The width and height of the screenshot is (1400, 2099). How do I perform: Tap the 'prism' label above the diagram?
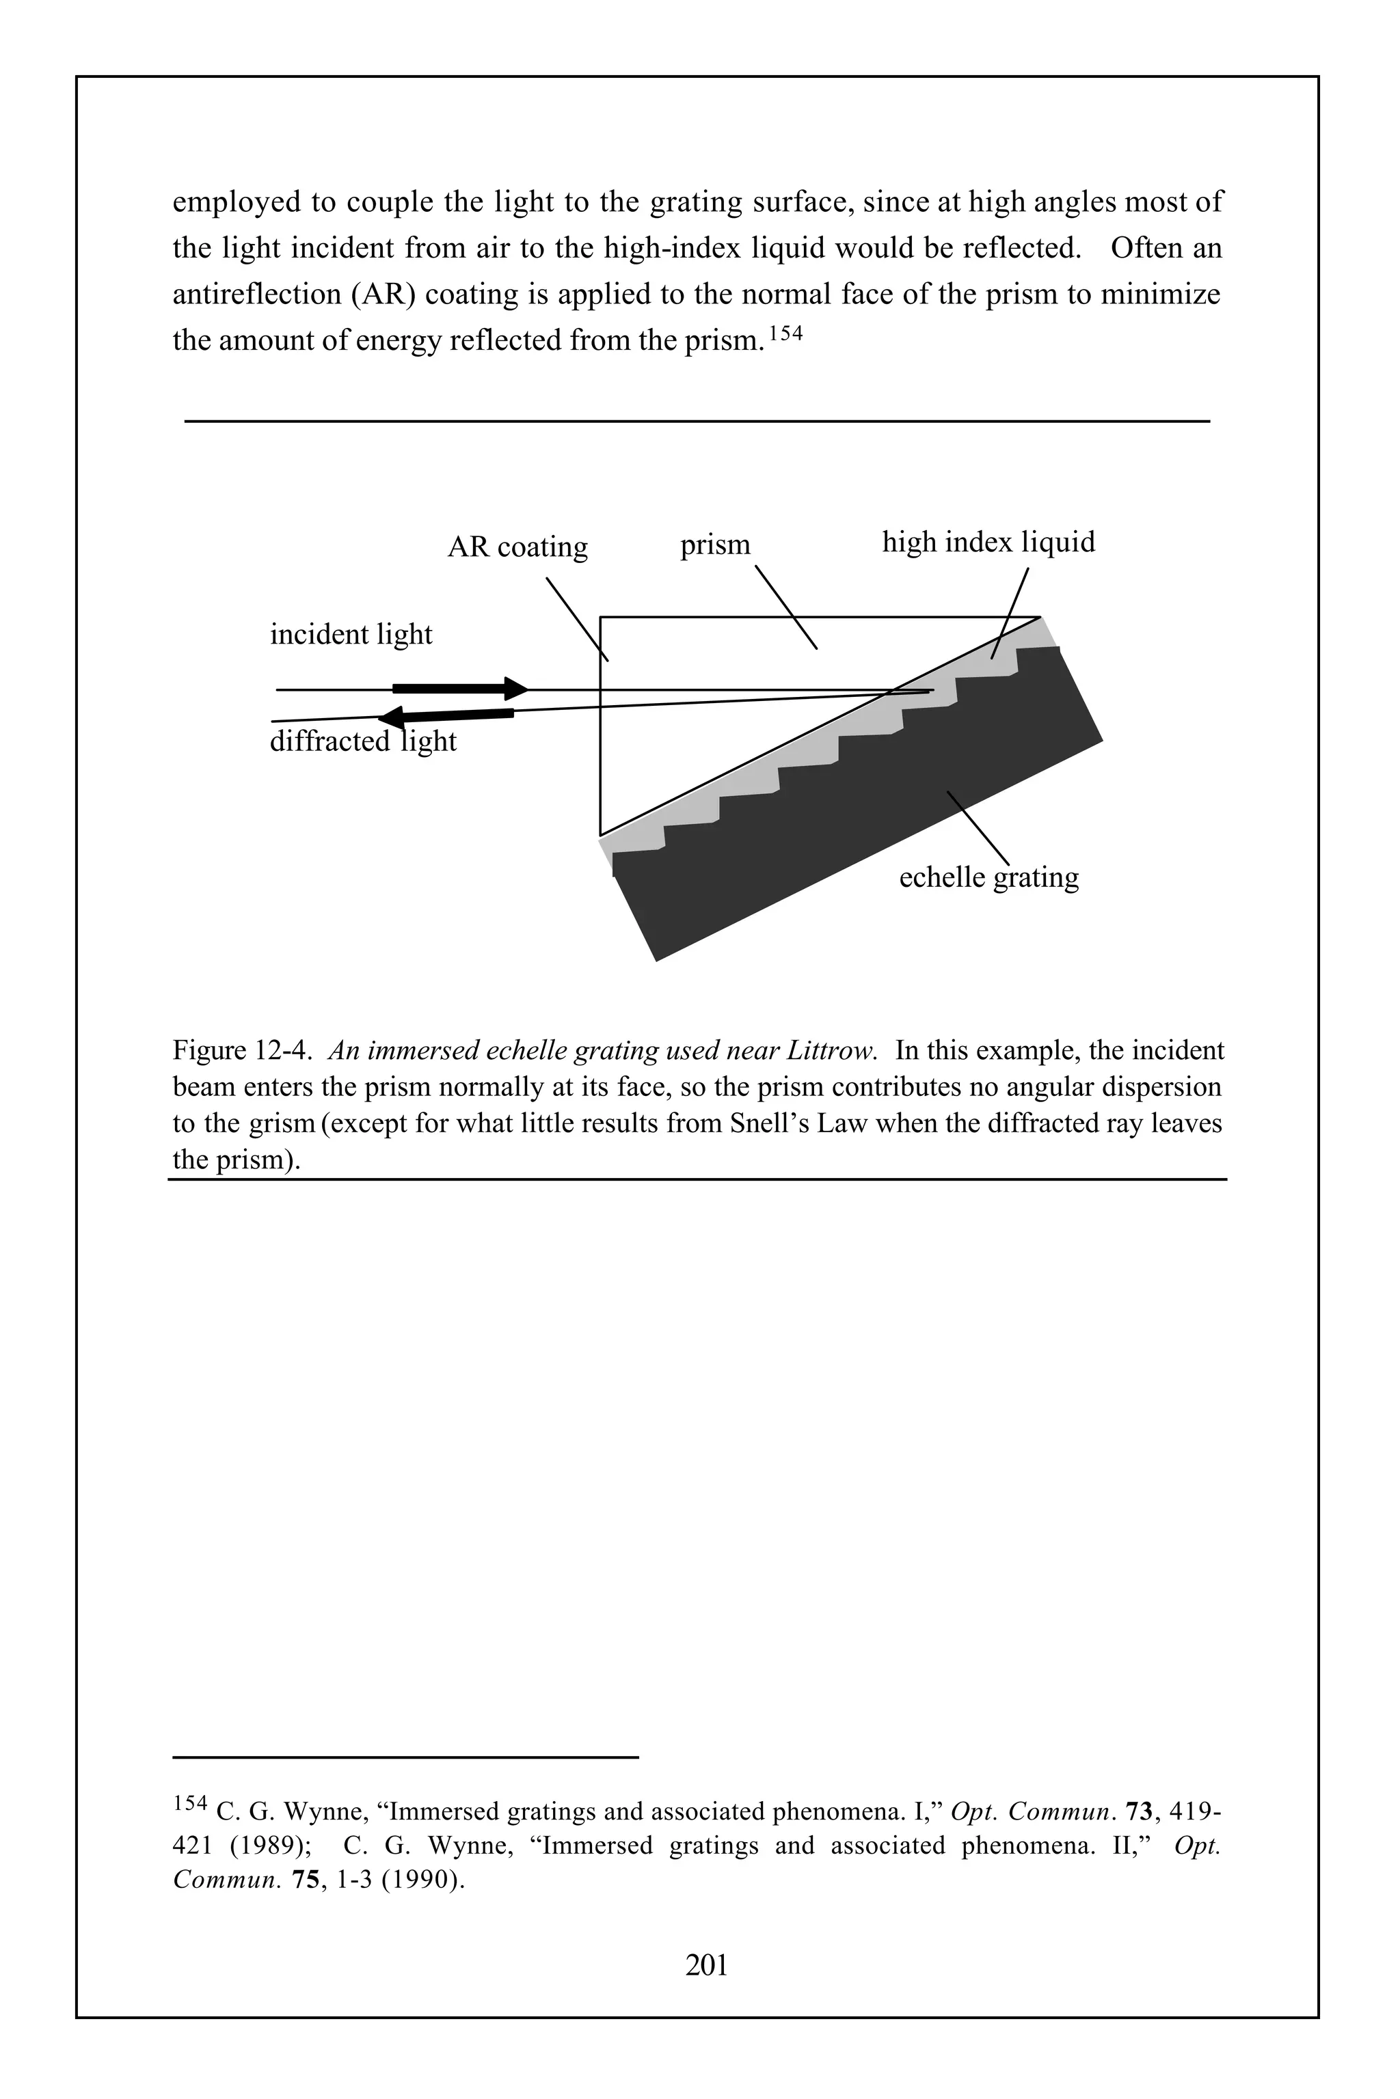[x=715, y=545]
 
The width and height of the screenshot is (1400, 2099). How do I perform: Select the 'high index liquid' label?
[x=988, y=542]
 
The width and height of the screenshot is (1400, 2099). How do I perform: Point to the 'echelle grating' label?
[x=988, y=877]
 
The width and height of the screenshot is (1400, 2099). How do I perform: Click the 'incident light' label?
[x=351, y=635]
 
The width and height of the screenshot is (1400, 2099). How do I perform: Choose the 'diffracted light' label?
[x=362, y=741]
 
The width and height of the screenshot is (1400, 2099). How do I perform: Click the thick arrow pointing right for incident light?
[x=461, y=688]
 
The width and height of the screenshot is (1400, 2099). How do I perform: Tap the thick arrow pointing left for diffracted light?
[x=446, y=715]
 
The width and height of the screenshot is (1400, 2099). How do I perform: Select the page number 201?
[x=706, y=1965]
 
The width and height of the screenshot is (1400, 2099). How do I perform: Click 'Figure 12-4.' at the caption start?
[x=241, y=1050]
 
